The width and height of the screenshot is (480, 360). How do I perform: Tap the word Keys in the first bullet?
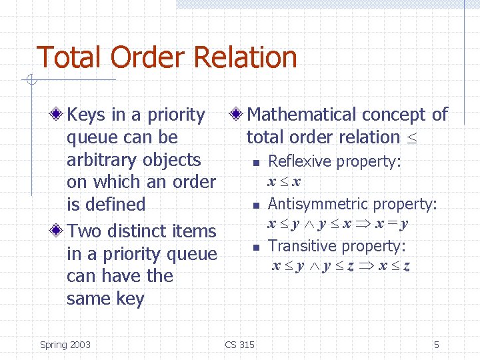point(87,115)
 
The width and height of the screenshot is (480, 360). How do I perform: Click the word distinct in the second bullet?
point(132,231)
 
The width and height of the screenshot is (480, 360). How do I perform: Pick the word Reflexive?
point(299,161)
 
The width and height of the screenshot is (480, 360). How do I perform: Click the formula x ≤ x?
point(284,181)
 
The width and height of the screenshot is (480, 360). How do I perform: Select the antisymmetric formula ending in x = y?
point(338,224)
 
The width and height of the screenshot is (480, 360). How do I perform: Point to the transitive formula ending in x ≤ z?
point(341,266)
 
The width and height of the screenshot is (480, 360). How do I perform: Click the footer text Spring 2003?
point(65,345)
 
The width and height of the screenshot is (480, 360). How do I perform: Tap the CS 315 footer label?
point(240,345)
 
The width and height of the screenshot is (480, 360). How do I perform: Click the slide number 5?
point(437,345)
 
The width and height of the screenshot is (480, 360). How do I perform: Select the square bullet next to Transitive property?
point(255,247)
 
